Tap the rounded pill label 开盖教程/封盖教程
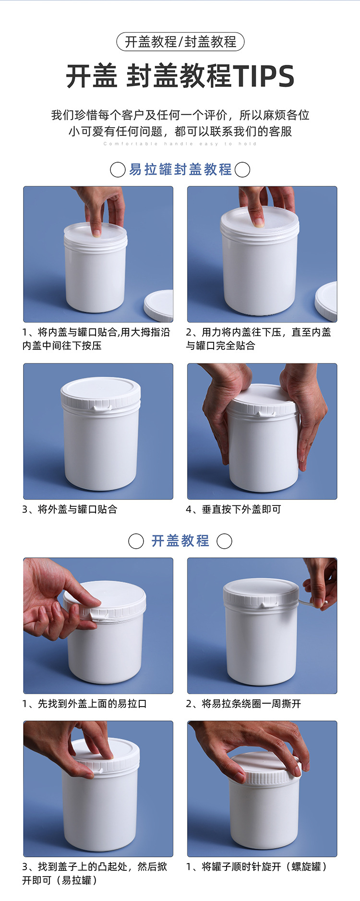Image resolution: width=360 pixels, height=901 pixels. coord(180,42)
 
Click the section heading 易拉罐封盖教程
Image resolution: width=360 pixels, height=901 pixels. coord(180,169)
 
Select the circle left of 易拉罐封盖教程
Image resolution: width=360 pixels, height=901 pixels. coord(118,169)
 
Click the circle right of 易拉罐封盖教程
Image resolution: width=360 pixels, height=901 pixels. coord(242,169)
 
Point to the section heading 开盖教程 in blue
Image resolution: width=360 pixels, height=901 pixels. coord(180,541)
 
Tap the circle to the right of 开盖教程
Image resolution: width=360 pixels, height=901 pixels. coord(224,541)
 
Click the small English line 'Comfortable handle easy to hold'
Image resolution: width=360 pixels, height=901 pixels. coord(180,144)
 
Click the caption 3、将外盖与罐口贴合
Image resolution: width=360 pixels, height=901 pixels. coord(70,509)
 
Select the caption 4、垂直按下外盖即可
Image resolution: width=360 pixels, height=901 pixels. coord(234,509)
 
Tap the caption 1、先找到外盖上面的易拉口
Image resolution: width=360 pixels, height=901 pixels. coord(84,704)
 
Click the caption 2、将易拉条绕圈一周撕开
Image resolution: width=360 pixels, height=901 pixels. coord(243,704)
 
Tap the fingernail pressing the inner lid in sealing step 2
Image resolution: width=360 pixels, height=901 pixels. coord(258,222)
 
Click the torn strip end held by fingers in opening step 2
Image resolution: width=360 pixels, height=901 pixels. coord(319,604)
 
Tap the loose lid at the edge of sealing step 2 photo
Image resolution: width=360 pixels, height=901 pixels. coord(326,301)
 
